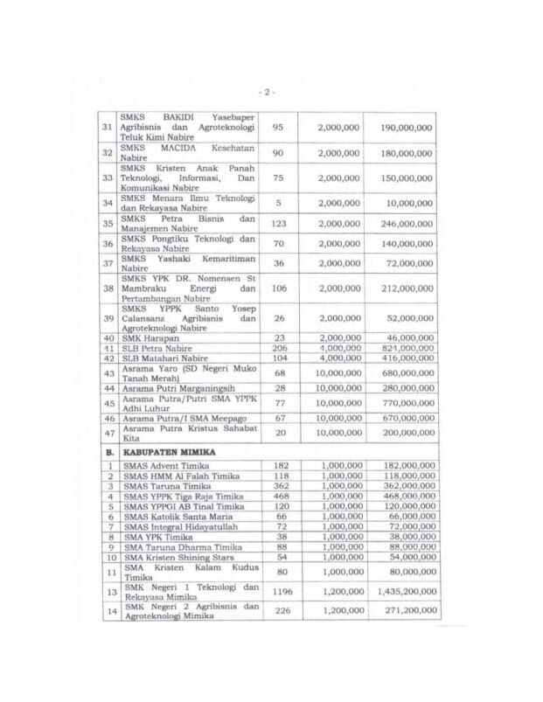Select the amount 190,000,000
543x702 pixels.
pos(407,128)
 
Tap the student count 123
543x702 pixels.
pos(279,223)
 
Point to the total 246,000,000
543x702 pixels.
pos(407,223)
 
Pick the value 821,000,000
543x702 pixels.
pos(407,347)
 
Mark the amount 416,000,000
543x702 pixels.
pos(407,358)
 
